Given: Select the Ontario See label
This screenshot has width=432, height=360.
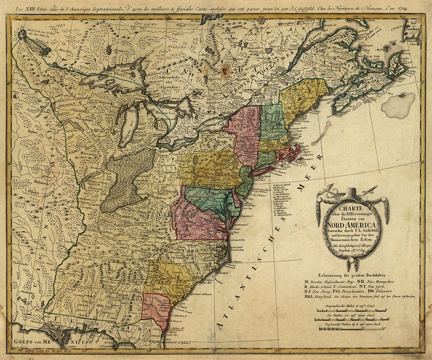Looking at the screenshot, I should [214, 124].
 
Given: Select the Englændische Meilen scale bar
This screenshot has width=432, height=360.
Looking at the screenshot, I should [352, 328].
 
